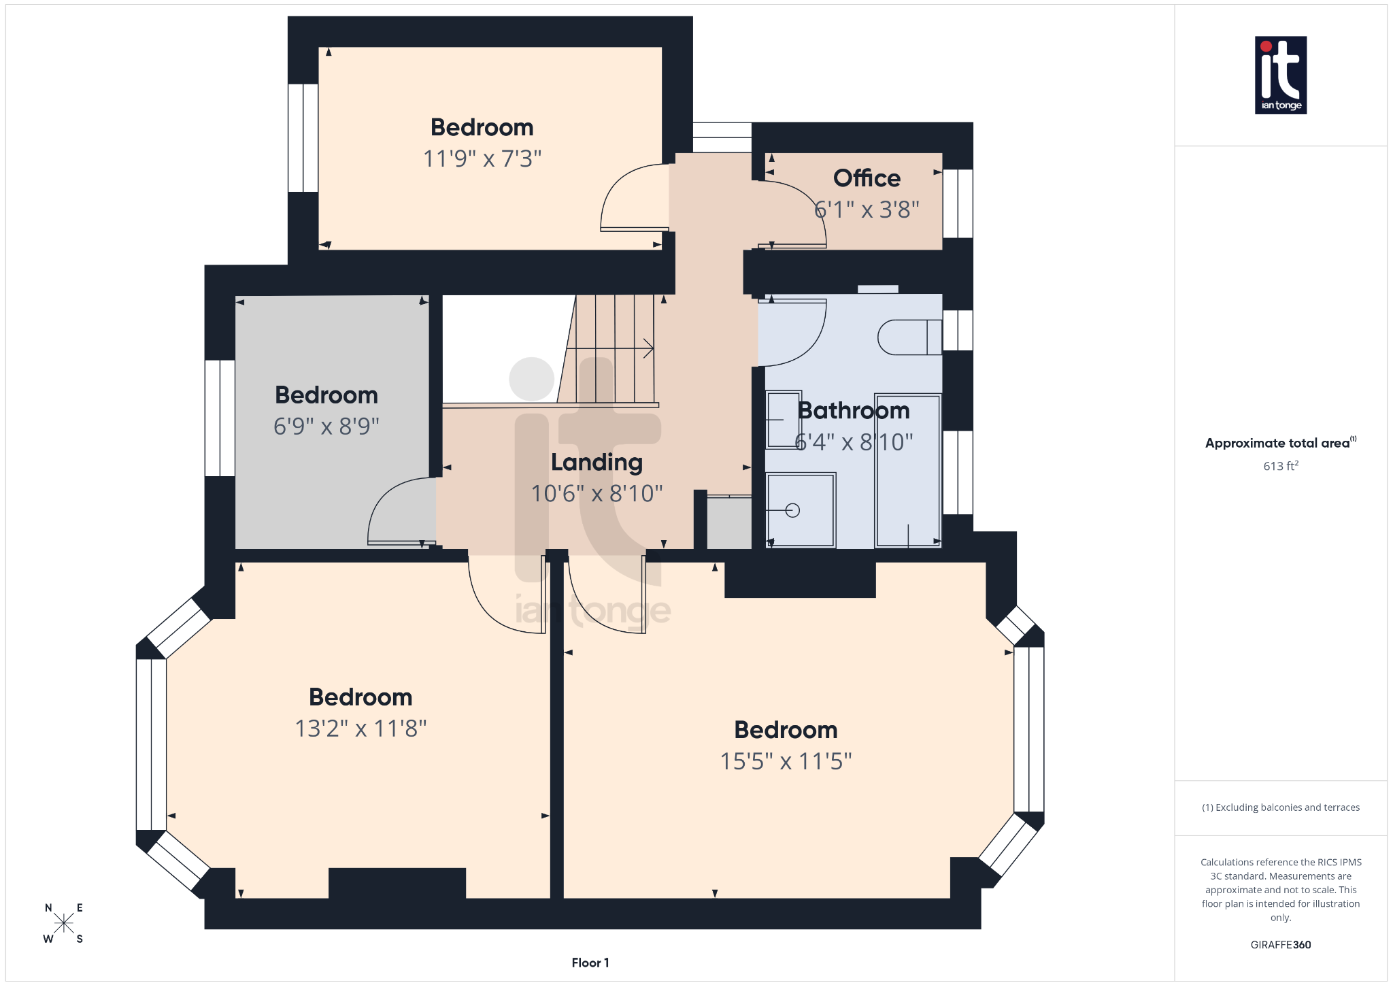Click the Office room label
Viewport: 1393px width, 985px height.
coord(867,178)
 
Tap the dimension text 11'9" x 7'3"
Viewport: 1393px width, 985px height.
coord(482,158)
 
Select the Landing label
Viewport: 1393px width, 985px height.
coord(597,462)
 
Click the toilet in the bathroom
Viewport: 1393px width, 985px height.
coord(909,337)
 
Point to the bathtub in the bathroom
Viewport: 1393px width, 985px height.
coord(907,471)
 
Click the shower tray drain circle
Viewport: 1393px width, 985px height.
coord(792,510)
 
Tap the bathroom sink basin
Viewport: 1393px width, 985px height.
coord(783,420)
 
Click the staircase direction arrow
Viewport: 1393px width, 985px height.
coord(646,348)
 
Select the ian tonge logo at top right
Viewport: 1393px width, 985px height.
coord(1280,75)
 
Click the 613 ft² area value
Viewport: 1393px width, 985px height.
coord(1281,466)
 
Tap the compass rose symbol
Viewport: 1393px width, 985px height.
coord(64,923)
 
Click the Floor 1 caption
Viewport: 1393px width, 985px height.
coord(590,963)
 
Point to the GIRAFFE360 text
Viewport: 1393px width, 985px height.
coord(1280,945)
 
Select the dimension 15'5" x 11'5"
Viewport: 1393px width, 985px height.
coord(786,761)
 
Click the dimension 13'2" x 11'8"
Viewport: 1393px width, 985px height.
coord(360,729)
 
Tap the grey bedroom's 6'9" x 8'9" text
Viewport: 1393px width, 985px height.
coord(326,427)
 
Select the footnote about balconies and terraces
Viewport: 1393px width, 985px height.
coord(1280,807)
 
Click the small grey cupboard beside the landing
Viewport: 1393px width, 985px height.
coord(729,523)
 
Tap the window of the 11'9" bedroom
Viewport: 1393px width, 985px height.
coord(303,138)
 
